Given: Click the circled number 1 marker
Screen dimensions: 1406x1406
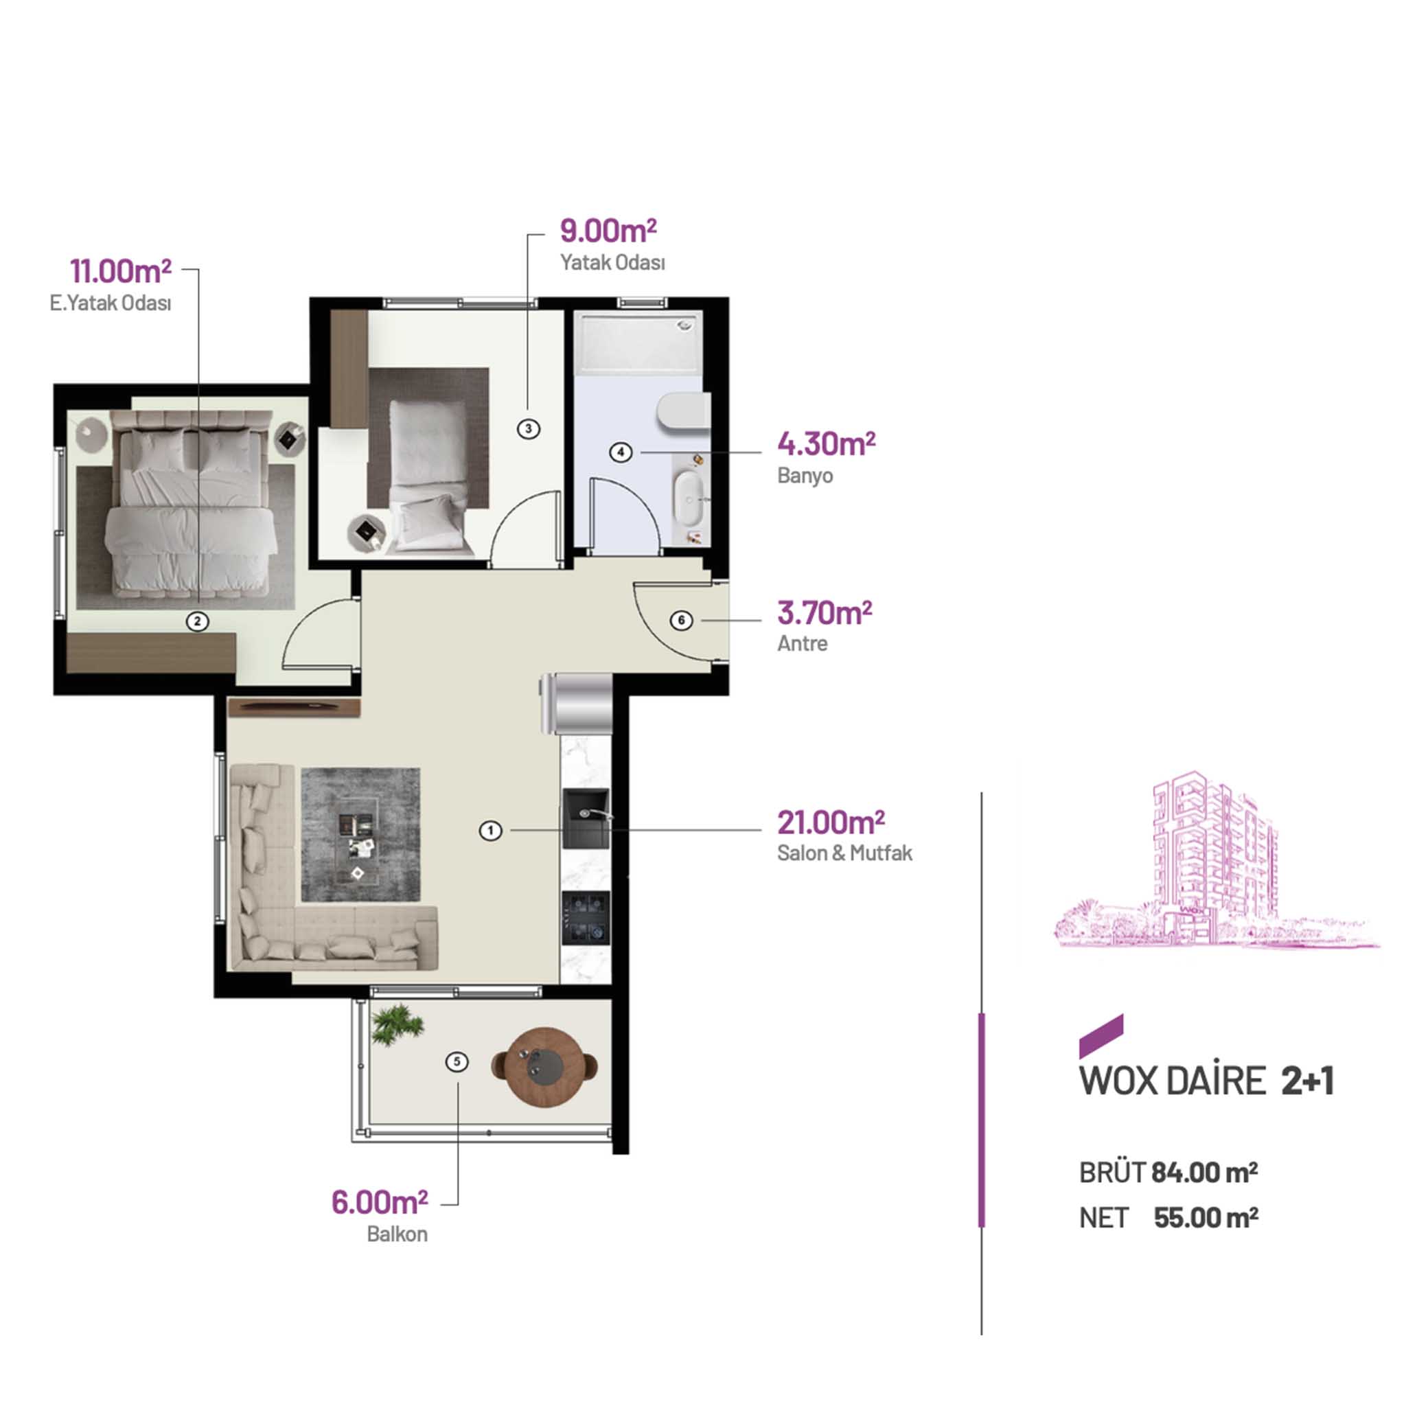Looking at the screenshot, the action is coord(490,831).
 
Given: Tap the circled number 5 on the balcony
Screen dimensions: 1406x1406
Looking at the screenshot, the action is coord(457,1062).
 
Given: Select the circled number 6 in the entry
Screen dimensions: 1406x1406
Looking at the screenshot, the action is coord(681,621).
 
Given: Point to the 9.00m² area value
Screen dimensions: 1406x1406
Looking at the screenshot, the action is coord(608,231).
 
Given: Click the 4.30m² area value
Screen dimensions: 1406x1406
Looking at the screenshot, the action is coord(826,443).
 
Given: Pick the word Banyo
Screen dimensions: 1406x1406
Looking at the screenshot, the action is coord(805,476).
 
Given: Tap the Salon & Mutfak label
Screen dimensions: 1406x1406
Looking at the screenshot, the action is coord(844,853).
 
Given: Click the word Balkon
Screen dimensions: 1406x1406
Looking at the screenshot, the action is coord(397,1234).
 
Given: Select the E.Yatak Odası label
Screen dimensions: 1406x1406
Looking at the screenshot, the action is coord(111,303).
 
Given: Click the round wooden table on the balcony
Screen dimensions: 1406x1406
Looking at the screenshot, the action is coord(544,1066).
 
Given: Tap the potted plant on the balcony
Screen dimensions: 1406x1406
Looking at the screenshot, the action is coord(396,1024).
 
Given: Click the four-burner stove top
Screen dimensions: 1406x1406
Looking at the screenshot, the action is coord(586,918).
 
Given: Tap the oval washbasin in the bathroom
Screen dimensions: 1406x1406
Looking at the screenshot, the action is coord(689,498).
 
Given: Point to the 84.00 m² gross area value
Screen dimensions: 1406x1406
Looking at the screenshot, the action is coord(1204,1173).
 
